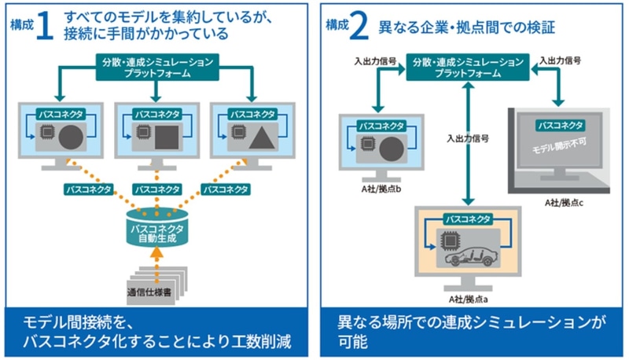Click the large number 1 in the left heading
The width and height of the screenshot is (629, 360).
pos(43,27)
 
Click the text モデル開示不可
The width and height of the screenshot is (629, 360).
pos(559,150)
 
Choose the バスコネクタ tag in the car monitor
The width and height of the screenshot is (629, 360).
pos(468,219)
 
